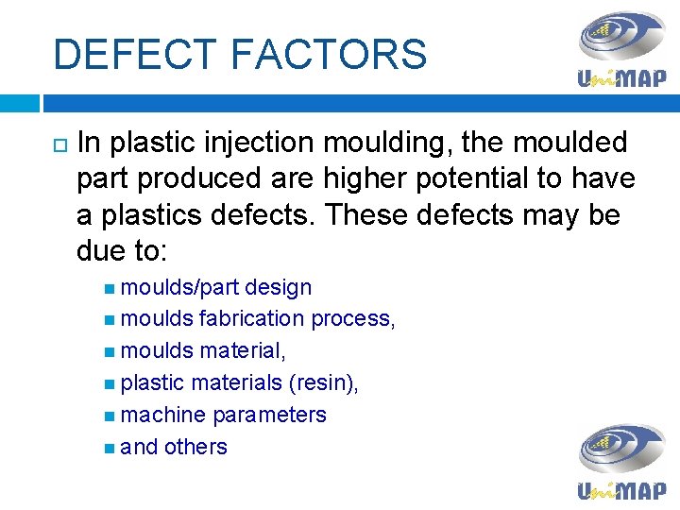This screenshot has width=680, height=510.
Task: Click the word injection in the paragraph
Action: point(253,143)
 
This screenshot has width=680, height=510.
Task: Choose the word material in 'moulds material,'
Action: point(242,350)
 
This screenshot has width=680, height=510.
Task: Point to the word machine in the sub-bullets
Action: point(163,415)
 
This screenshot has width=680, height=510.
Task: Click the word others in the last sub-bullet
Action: point(195,447)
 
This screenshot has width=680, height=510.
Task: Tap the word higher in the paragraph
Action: point(365,178)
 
